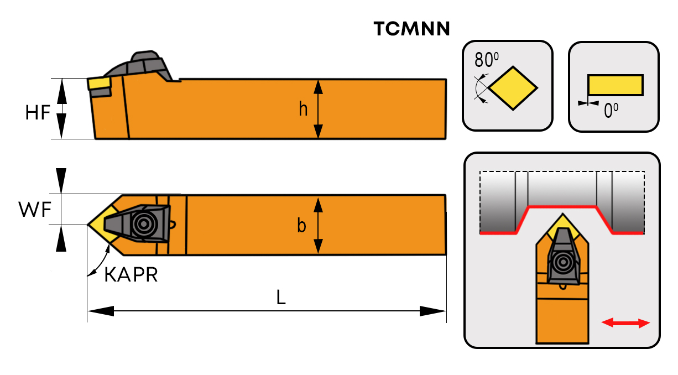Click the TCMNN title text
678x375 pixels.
(x=411, y=29)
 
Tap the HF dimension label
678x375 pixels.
(x=38, y=113)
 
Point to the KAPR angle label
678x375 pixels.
(x=131, y=274)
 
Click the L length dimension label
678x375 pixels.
(x=281, y=298)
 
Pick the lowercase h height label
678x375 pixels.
(x=303, y=110)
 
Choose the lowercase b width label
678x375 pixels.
(x=301, y=226)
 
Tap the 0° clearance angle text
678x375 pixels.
(x=611, y=111)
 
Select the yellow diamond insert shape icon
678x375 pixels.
(x=513, y=87)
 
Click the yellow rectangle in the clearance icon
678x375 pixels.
(x=615, y=85)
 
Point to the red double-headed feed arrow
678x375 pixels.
(x=625, y=323)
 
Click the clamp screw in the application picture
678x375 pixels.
(x=564, y=262)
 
